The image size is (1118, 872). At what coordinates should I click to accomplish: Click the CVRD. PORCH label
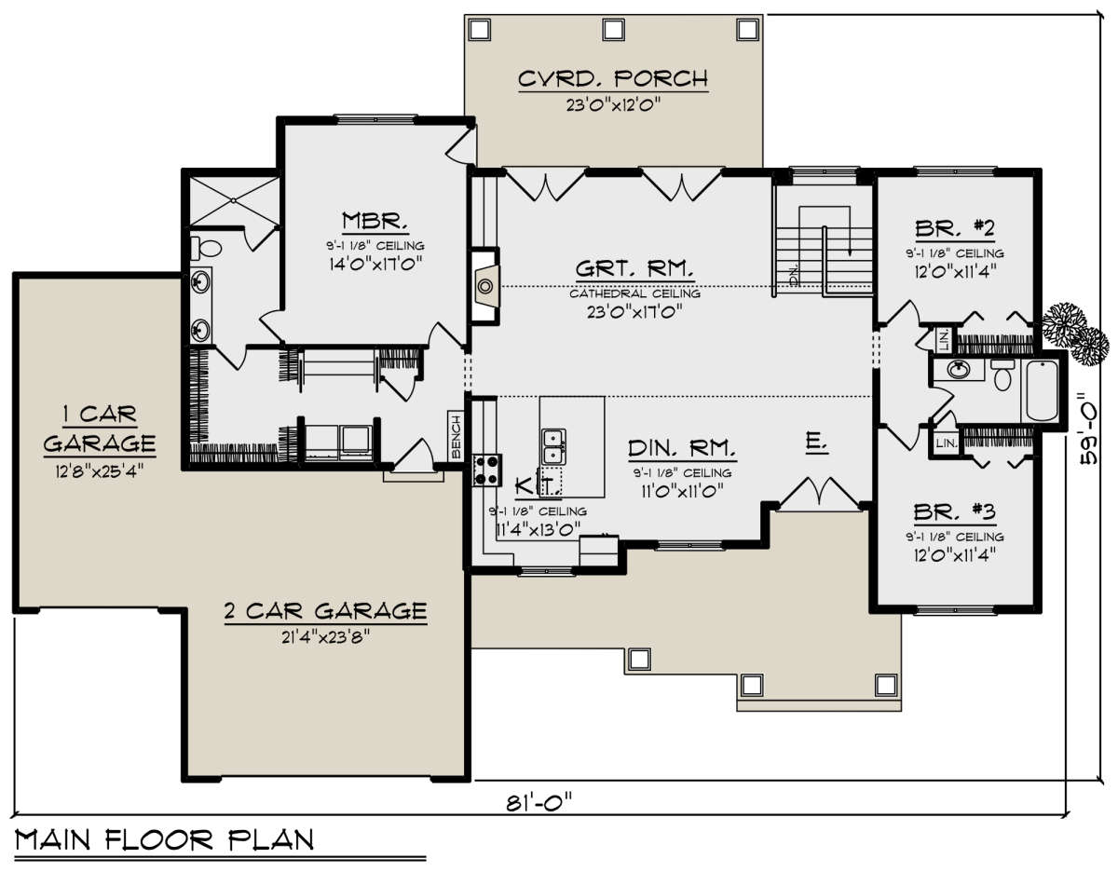(x=613, y=79)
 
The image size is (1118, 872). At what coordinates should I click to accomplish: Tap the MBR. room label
(x=375, y=221)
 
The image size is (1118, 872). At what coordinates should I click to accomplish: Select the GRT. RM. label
(x=634, y=269)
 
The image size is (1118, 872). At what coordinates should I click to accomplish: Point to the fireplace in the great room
(x=485, y=286)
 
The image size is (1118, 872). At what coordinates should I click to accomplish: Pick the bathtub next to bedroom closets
(x=1042, y=391)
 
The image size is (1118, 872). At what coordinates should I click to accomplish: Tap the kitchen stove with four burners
(x=486, y=470)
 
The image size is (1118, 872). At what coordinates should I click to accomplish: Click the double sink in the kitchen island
(x=553, y=446)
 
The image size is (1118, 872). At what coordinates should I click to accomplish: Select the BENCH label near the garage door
(x=456, y=437)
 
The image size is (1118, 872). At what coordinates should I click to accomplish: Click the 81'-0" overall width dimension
(x=539, y=802)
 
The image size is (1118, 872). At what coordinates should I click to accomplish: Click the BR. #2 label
(x=955, y=228)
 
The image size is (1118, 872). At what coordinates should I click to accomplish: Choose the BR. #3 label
(x=955, y=511)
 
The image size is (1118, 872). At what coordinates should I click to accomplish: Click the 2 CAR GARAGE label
(x=325, y=611)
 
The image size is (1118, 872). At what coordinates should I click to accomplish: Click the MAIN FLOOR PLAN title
(x=165, y=840)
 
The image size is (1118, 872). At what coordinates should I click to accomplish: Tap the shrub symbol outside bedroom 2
(x=1075, y=334)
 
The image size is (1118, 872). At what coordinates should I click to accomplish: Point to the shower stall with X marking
(x=235, y=201)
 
